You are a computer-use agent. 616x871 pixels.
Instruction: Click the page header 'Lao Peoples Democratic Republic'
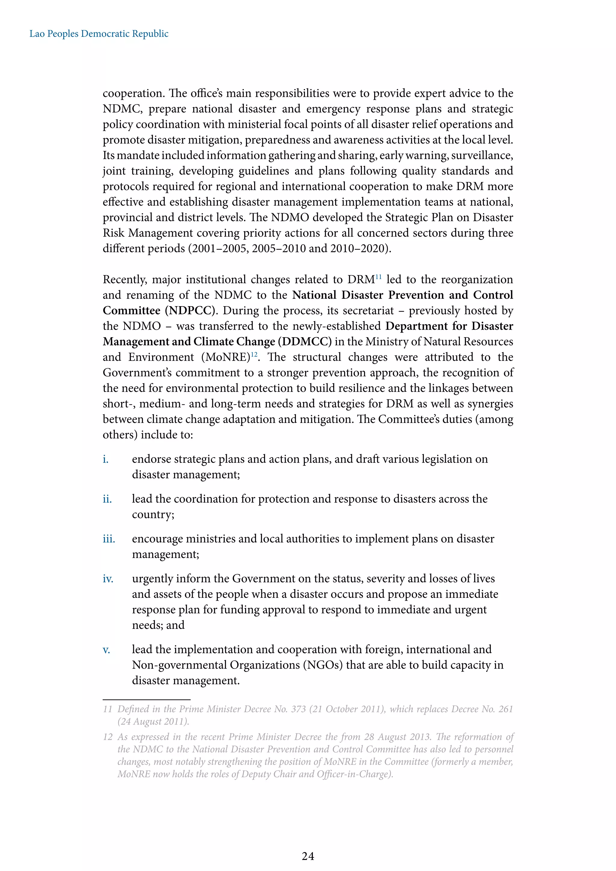99,34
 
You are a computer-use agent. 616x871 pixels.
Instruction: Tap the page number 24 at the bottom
308,856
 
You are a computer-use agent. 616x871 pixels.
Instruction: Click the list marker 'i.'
106,459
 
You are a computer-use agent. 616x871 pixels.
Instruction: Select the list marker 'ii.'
107,499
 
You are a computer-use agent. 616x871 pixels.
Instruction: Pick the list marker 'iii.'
109,539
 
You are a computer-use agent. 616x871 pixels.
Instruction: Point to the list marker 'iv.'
108,579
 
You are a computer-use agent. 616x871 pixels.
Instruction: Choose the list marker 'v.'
106,650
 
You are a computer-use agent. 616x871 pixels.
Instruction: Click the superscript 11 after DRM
379,277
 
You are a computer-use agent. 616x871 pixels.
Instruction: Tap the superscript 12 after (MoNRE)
254,354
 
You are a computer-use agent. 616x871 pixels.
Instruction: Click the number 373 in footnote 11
298,709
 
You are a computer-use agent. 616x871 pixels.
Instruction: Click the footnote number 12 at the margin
108,737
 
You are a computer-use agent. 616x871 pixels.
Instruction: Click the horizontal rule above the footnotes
146,699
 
